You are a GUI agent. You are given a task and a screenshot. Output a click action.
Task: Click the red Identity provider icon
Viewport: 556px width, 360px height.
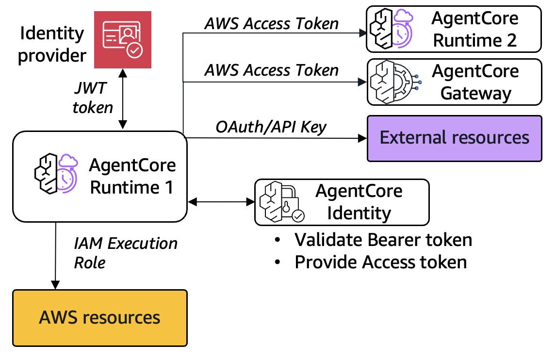click(x=123, y=40)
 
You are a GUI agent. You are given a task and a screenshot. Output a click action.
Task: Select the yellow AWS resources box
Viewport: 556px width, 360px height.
click(x=100, y=318)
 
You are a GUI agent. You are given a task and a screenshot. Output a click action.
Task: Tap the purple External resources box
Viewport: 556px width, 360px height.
click(x=454, y=138)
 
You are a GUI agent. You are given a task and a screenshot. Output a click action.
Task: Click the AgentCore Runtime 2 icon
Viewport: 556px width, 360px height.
click(x=391, y=29)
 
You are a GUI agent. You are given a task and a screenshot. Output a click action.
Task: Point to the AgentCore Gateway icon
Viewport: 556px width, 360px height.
click(x=395, y=82)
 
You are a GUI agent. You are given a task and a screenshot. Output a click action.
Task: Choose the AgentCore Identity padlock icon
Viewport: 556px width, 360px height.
click(x=282, y=202)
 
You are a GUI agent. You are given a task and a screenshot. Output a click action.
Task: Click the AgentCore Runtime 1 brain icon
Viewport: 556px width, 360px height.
click(x=56, y=173)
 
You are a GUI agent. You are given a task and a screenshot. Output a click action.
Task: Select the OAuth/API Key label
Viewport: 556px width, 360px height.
click(x=271, y=127)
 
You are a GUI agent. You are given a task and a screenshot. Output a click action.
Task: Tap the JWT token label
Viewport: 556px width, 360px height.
click(x=93, y=98)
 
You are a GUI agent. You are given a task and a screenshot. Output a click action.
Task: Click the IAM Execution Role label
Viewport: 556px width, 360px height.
click(x=126, y=253)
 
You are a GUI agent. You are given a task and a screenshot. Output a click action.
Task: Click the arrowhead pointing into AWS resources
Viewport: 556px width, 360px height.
click(x=55, y=285)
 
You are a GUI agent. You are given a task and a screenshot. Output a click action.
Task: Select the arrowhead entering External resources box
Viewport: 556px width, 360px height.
click(x=362, y=138)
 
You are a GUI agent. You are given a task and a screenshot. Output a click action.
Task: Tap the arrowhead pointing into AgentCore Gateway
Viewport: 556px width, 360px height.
click(x=362, y=82)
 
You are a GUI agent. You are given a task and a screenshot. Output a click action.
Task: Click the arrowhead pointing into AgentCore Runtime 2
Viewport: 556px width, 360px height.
click(x=362, y=33)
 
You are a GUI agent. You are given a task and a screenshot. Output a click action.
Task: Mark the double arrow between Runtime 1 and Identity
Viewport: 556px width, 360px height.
click(x=221, y=202)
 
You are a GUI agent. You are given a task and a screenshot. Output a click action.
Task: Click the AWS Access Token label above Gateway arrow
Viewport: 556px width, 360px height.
click(x=272, y=70)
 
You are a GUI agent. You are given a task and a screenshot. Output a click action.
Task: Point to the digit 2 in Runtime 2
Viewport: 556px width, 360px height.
click(x=511, y=40)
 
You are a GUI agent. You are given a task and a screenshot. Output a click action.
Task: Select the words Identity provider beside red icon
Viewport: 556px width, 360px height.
click(x=52, y=44)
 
